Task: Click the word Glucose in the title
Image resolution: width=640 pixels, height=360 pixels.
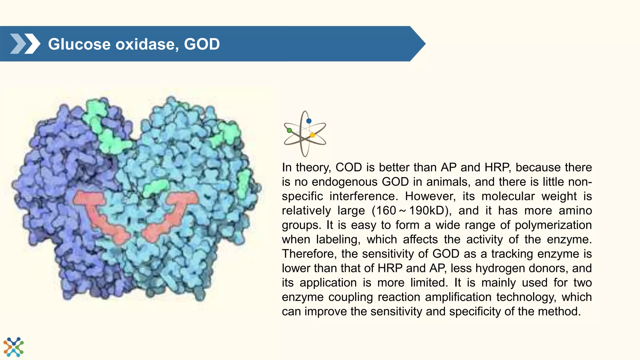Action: (x=80, y=44)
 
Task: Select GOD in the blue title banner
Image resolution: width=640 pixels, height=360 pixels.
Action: (x=202, y=44)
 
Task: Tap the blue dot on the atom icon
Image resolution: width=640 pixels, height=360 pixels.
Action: (x=309, y=121)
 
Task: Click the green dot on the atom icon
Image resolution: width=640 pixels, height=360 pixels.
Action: (x=289, y=130)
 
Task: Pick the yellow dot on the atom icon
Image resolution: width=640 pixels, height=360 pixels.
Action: (x=312, y=135)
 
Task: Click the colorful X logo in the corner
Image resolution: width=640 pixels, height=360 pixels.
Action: (x=13, y=347)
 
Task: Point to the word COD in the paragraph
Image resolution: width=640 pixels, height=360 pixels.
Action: (x=349, y=167)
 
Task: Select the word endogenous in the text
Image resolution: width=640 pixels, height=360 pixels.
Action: (x=345, y=182)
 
